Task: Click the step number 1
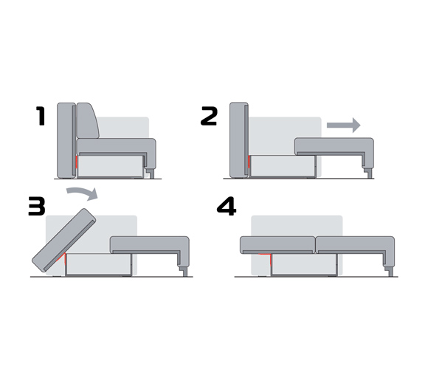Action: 41,116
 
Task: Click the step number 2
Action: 209,116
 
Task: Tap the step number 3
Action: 37,207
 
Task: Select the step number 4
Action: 227,206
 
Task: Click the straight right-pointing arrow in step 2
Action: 344,125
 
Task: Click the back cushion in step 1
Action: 87,120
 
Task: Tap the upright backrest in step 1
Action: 66,140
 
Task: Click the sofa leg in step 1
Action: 151,173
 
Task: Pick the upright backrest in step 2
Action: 239,140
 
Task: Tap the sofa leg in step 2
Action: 369,173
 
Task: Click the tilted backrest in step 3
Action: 64,241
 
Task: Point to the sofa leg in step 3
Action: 184,272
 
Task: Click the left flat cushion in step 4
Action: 277,244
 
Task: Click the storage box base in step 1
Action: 110,167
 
